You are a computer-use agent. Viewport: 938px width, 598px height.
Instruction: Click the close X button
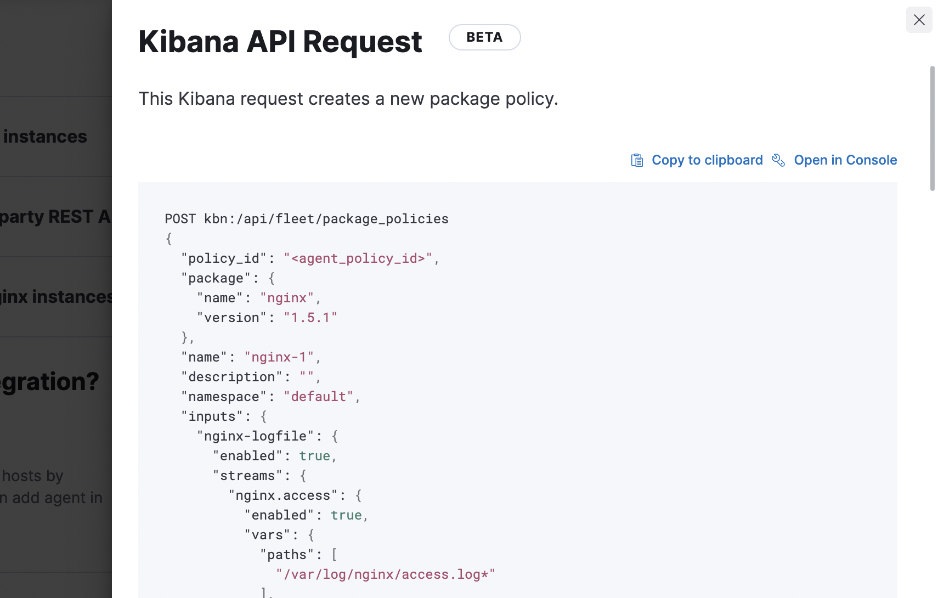tap(919, 20)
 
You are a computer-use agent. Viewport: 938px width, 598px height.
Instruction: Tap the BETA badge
tap(484, 37)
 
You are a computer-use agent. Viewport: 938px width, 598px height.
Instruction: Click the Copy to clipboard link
tap(707, 160)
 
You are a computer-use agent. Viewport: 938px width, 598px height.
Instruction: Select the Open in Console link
tap(845, 160)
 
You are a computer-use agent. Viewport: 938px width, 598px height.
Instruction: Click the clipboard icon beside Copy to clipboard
tap(637, 160)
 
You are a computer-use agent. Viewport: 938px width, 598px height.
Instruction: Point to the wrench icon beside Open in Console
tap(778, 160)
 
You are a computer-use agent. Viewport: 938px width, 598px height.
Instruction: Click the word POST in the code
tap(180, 219)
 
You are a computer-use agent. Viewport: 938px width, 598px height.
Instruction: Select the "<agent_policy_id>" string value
tap(358, 258)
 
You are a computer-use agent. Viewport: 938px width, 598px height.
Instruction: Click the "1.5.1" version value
tap(310, 318)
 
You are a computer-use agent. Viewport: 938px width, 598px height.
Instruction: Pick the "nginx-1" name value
tap(279, 357)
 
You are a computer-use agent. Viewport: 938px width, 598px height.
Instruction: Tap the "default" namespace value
tap(318, 397)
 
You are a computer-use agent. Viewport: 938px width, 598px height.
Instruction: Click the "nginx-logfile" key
tap(255, 436)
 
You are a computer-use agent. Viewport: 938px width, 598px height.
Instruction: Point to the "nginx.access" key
tap(283, 495)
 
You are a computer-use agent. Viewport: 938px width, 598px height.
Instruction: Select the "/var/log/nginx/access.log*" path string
tap(386, 574)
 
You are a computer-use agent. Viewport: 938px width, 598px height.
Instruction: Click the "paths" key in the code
tap(287, 555)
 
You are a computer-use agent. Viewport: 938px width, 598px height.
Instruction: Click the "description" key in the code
tap(231, 377)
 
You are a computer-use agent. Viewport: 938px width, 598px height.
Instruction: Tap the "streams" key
tap(247, 476)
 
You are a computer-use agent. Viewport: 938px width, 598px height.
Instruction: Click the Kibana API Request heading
tap(280, 42)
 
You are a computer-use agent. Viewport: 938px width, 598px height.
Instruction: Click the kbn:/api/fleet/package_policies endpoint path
tap(326, 219)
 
